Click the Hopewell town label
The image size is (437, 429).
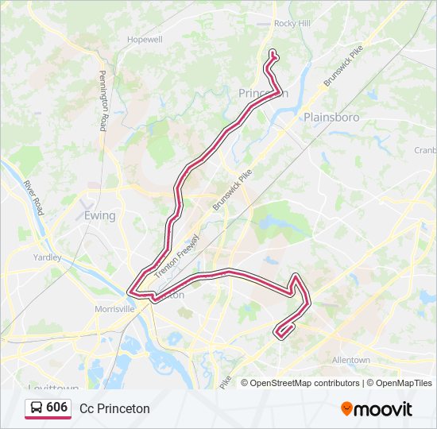click(145, 39)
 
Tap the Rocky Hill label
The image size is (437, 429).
click(292, 24)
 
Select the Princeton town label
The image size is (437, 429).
click(263, 94)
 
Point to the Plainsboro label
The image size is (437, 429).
click(331, 117)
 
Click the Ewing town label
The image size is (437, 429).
click(100, 215)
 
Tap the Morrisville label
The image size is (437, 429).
click(115, 309)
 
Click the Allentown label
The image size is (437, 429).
click(350, 360)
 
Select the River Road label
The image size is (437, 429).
click(33, 197)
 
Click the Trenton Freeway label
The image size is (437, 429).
click(177, 256)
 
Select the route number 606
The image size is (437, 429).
click(57, 408)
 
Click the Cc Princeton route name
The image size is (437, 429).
click(114, 408)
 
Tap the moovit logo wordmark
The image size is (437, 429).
click(384, 409)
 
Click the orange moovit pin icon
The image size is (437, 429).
click(346, 409)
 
